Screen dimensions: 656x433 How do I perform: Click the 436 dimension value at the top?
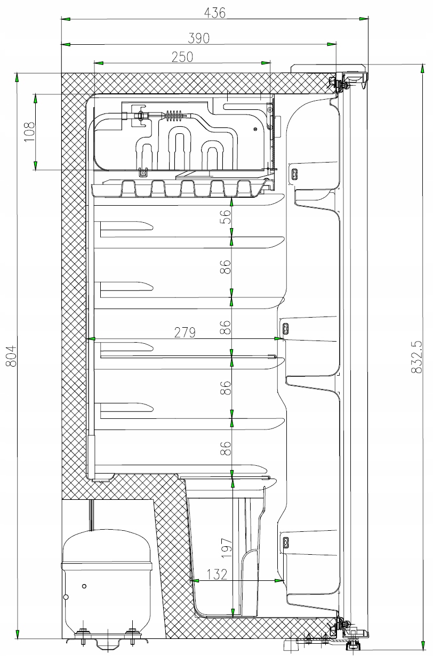coord(215,12)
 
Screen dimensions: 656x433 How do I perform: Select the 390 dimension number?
coord(198,38)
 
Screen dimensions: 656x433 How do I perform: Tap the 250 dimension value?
coord(182,56)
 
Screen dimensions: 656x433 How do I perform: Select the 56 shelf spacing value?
coord(227,216)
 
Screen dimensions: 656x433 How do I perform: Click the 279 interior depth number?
coord(185,333)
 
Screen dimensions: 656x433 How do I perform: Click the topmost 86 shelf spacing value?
coord(227,267)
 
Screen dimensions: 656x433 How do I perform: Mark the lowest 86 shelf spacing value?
coord(227,448)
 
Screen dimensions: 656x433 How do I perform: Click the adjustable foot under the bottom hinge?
coord(352,646)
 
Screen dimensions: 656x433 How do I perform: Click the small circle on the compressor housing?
coord(84,586)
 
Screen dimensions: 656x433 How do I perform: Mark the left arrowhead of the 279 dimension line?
coord(91,338)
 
